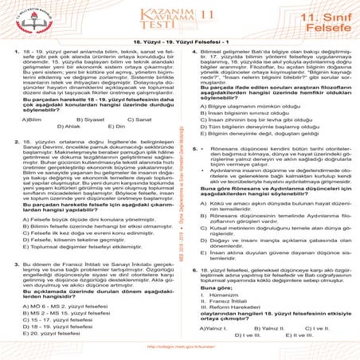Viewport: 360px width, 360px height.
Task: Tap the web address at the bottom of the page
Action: (x=180, y=347)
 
